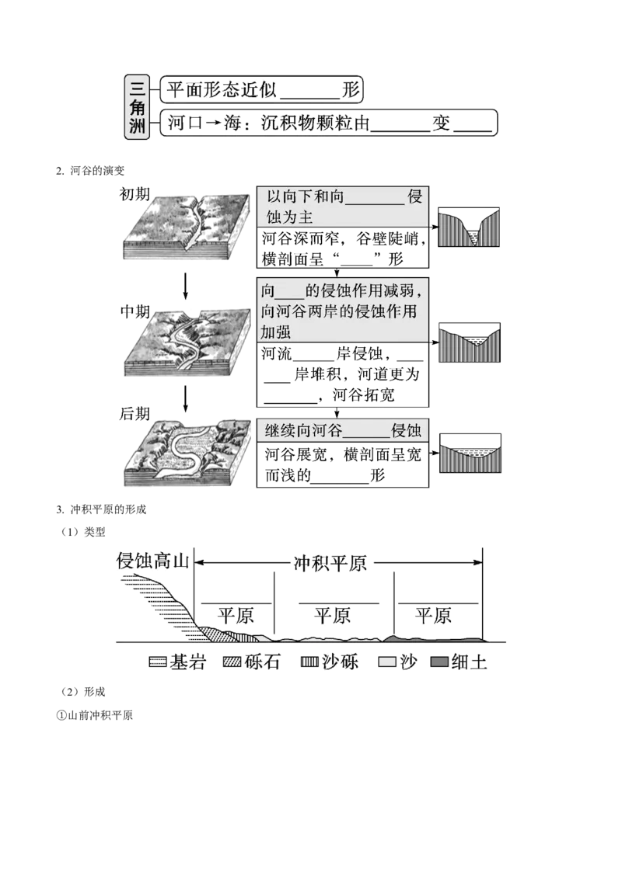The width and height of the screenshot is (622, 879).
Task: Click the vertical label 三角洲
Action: pyautogui.click(x=137, y=107)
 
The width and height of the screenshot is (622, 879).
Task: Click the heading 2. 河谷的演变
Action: pyautogui.click(x=90, y=170)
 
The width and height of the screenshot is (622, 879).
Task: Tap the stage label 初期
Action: pyautogui.click(x=135, y=194)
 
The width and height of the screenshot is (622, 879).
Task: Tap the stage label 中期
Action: pyautogui.click(x=135, y=311)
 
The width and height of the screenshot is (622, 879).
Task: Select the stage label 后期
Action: pyautogui.click(x=135, y=414)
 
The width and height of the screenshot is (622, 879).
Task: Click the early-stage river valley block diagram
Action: pyautogui.click(x=187, y=227)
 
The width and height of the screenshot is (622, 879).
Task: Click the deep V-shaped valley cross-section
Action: pyautogui.click(x=468, y=227)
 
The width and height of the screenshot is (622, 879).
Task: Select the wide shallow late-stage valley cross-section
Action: pyautogui.click(x=470, y=453)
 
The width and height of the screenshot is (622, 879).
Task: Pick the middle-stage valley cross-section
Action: pyautogui.click(x=470, y=342)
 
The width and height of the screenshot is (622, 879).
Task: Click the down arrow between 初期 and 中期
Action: pyautogui.click(x=186, y=287)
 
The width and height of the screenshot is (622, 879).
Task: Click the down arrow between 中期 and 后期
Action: pyautogui.click(x=186, y=398)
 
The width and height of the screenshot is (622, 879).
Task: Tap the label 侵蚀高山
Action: pyautogui.click(x=152, y=561)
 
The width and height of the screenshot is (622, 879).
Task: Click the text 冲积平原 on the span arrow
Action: pyautogui.click(x=330, y=563)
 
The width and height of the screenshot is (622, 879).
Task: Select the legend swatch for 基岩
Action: pyautogui.click(x=158, y=662)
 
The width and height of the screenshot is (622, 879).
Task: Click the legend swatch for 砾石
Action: pyautogui.click(x=232, y=662)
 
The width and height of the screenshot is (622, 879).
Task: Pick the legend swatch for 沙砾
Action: pyautogui.click(x=310, y=662)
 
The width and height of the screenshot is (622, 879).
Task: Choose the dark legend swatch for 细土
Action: pyautogui.click(x=439, y=662)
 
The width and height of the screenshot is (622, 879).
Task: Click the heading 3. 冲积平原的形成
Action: pyautogui.click(x=101, y=509)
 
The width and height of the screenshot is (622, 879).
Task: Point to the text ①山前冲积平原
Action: pyautogui.click(x=94, y=715)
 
